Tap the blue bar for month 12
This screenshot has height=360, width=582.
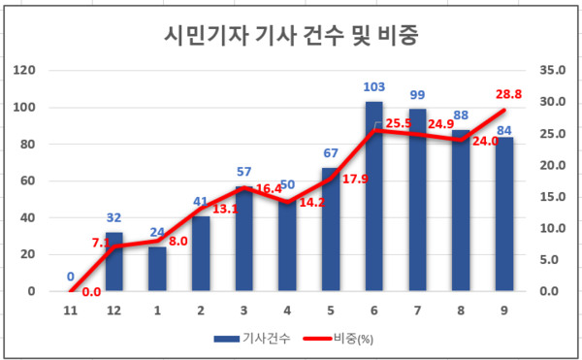pyautogui.click(x=114, y=261)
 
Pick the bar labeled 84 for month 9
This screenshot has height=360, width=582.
pyautogui.click(x=505, y=214)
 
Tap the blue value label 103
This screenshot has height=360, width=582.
pyautogui.click(x=373, y=88)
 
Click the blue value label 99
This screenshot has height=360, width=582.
pyautogui.click(x=417, y=95)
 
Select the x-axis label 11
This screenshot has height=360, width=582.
pyautogui.click(x=71, y=311)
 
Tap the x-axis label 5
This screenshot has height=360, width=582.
pyautogui.click(x=331, y=311)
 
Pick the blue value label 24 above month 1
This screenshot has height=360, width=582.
pyautogui.click(x=157, y=233)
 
